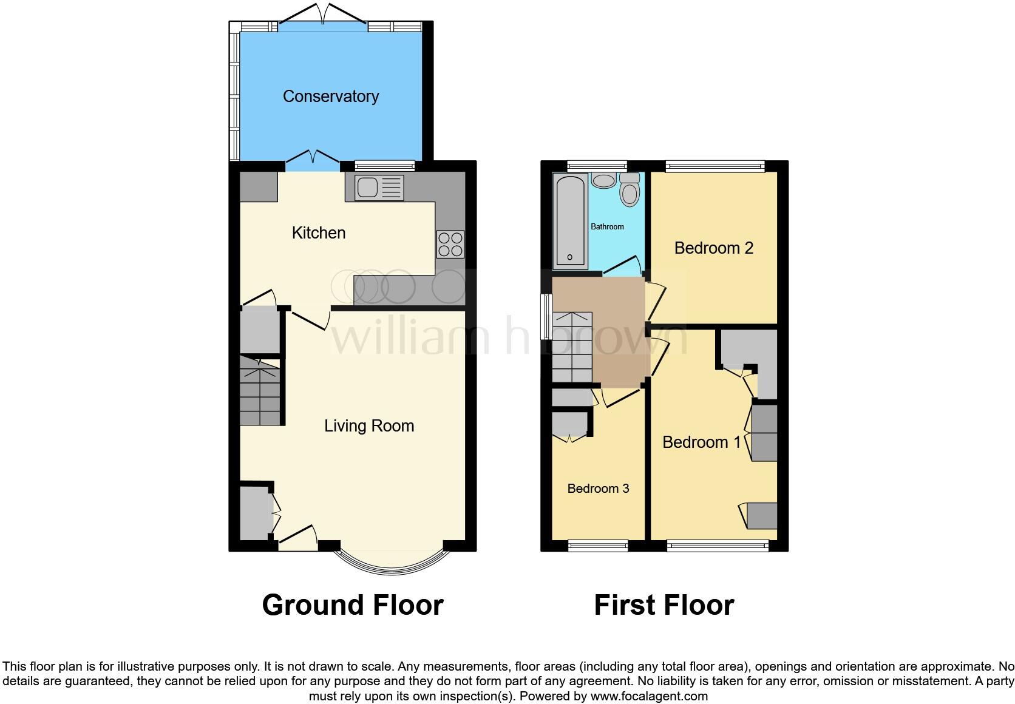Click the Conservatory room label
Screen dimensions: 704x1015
tap(330, 96)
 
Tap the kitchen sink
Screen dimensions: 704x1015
tap(379, 188)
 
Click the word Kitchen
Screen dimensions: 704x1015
tap(318, 232)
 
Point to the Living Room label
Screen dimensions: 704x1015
tap(369, 425)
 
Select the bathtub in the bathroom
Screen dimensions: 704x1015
tap(570, 221)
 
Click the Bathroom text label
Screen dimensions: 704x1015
tap(607, 226)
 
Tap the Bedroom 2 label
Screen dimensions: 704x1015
tap(713, 248)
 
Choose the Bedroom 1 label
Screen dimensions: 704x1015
tap(701, 442)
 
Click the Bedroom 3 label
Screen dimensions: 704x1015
tap(598, 488)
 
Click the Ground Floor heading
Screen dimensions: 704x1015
tap(353, 605)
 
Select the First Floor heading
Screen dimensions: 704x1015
tap(664, 605)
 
